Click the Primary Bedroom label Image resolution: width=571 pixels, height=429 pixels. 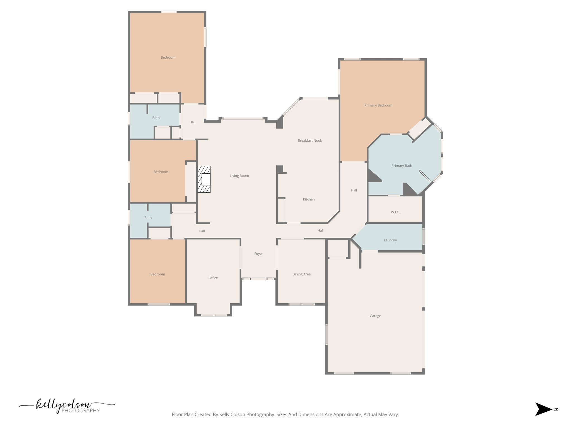378,105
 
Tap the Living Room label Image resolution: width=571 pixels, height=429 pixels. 239,176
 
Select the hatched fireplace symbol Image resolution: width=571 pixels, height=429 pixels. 204,179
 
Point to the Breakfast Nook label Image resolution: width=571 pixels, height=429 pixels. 309,140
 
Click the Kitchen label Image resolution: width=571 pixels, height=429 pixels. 309,199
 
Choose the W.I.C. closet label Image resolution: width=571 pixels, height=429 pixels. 395,212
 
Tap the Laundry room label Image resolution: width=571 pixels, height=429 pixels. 390,240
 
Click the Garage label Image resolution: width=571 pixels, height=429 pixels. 375,316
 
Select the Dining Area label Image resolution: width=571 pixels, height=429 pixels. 301,274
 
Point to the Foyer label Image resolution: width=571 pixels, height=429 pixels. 258,254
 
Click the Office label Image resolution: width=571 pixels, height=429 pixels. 213,278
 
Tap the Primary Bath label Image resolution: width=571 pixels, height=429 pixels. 401,166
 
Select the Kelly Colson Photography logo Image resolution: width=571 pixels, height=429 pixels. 67,406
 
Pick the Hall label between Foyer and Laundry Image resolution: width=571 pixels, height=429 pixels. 320,230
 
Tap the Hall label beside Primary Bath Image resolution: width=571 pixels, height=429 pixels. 354,190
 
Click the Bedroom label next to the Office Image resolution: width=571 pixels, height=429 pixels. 158,274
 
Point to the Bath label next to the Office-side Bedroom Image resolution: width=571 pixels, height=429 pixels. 148,218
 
